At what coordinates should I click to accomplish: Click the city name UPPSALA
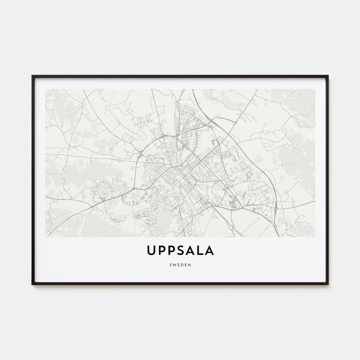180,250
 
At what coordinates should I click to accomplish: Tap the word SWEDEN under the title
180,264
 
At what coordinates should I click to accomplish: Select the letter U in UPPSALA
151,250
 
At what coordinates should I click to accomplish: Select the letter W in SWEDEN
174,264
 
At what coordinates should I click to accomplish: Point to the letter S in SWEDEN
171,264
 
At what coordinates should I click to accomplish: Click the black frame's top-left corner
33,76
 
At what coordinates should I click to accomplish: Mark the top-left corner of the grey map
46,89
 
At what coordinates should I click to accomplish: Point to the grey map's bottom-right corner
314,236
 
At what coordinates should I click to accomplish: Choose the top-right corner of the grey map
314,89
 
